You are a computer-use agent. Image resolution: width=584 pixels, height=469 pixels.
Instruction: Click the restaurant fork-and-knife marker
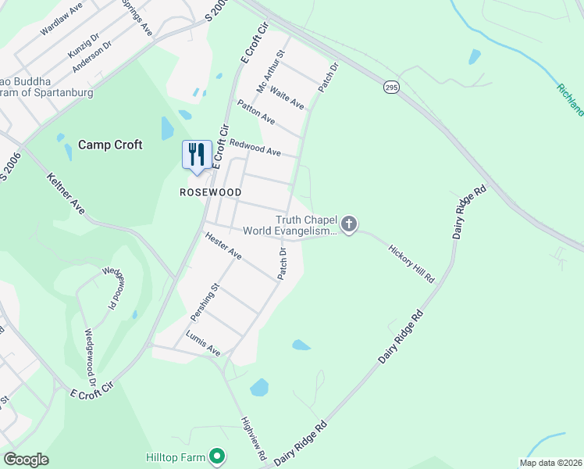pos(197,153)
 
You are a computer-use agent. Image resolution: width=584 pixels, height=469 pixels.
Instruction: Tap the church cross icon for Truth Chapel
pos(349,225)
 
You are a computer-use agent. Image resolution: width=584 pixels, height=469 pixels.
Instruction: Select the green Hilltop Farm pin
pos(217,456)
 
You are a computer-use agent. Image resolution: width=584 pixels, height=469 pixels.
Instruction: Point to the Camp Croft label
pos(110,145)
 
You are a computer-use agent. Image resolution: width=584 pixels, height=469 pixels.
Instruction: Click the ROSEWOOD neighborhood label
pos(211,192)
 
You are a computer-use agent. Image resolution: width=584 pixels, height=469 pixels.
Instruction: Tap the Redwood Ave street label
pos(255,146)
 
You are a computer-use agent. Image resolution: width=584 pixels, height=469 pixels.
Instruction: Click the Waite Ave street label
pos(287,98)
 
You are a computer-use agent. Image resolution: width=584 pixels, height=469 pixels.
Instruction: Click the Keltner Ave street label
pos(66,195)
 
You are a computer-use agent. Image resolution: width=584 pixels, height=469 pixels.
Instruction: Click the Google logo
pos(26,460)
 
